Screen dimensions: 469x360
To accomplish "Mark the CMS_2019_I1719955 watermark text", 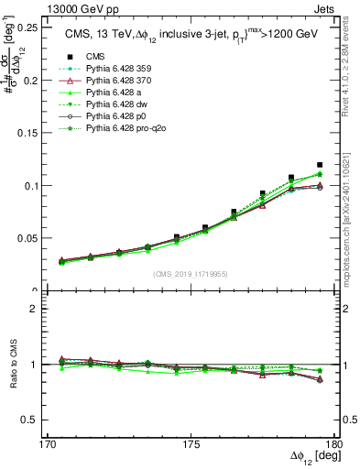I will [191, 272].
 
